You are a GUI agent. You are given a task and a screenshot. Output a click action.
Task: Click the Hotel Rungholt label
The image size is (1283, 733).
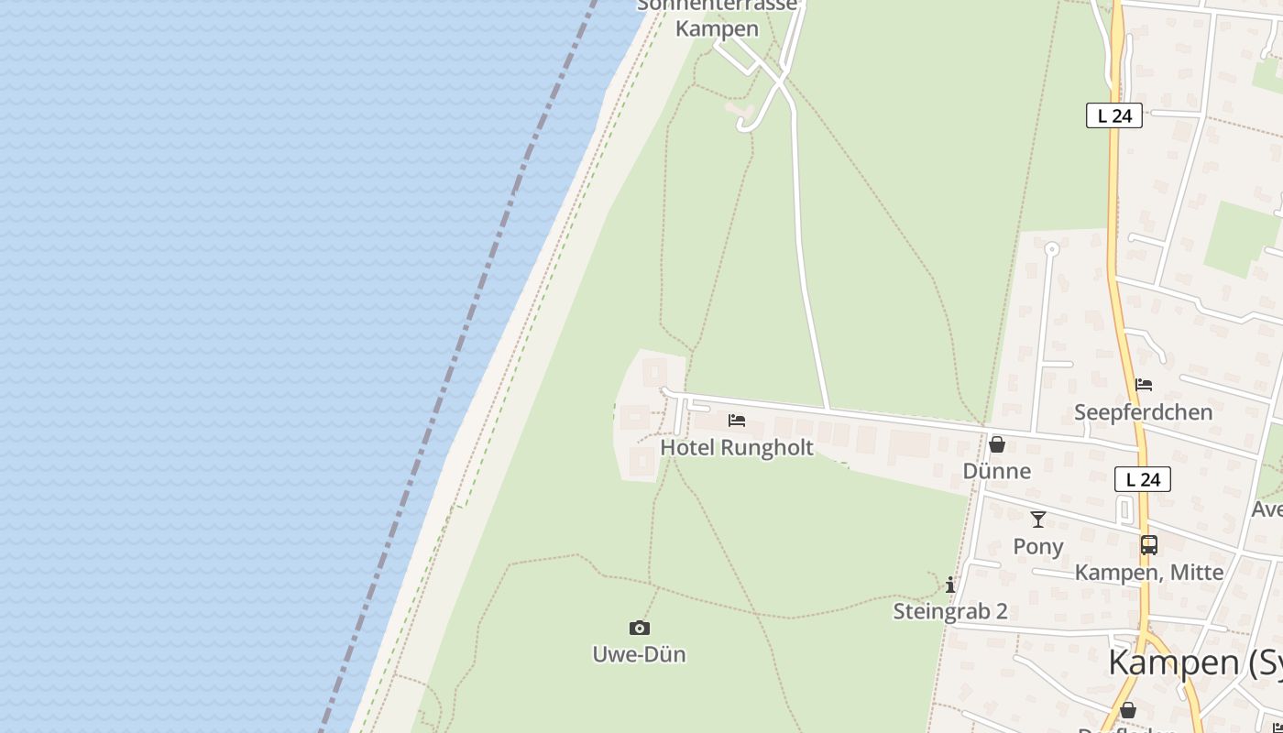(737, 448)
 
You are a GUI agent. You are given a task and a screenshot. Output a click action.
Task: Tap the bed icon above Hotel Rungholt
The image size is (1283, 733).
(737, 421)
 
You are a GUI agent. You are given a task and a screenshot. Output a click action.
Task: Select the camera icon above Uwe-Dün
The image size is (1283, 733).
(640, 628)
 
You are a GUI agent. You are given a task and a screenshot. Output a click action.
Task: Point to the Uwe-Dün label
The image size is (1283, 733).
(640, 654)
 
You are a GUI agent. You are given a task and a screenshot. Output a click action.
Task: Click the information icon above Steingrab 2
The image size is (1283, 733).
(950, 585)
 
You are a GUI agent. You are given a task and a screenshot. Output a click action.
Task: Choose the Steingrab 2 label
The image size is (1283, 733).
(950, 611)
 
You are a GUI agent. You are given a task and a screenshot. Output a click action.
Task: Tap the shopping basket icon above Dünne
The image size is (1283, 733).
(997, 444)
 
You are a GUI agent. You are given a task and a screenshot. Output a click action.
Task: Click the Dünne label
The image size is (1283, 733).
(997, 471)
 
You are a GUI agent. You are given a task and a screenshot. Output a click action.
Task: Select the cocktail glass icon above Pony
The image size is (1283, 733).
(1038, 520)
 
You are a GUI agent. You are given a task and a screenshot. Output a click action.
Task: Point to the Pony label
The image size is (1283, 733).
(1038, 546)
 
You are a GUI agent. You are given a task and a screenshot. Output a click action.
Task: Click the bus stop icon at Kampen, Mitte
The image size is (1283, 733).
(1149, 545)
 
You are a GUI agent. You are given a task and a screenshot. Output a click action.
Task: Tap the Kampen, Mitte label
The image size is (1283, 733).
(1149, 573)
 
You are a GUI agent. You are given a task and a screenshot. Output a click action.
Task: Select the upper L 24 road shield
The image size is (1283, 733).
(1114, 115)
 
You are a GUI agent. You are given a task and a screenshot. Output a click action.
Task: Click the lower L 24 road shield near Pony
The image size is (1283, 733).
(1143, 479)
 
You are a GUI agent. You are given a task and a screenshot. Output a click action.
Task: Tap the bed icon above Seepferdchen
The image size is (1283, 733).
(1144, 385)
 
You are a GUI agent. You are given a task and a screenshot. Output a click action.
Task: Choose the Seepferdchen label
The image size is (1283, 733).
(1144, 412)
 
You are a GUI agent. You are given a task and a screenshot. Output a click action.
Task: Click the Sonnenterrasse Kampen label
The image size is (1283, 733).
(718, 18)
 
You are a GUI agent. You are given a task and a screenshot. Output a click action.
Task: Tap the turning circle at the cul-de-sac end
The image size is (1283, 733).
(1051, 248)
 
